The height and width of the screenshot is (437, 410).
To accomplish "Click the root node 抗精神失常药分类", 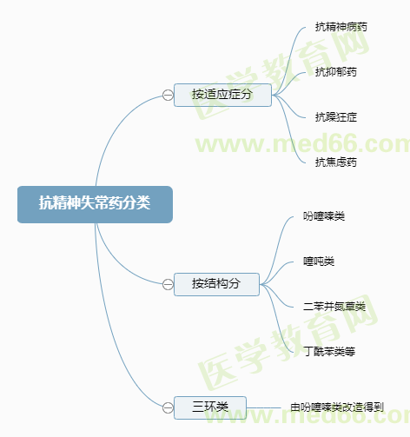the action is click(x=95, y=204).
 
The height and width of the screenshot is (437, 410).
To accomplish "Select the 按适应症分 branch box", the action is click(x=222, y=95).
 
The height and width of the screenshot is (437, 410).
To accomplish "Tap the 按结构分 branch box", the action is click(x=216, y=284).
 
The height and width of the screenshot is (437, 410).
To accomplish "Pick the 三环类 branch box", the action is click(x=210, y=407).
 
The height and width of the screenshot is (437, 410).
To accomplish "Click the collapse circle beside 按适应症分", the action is click(x=168, y=95).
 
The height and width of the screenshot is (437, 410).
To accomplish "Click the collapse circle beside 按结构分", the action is click(x=168, y=284).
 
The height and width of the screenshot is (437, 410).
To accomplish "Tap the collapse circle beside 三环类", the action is click(x=168, y=407).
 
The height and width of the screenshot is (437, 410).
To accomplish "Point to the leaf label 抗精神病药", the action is click(x=341, y=27).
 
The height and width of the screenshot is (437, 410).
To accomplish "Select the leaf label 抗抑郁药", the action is click(x=336, y=72).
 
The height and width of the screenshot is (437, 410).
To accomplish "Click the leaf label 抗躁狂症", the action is click(x=336, y=117).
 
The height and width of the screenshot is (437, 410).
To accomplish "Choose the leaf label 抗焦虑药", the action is click(x=336, y=162).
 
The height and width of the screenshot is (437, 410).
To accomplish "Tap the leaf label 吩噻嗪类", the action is click(x=324, y=216).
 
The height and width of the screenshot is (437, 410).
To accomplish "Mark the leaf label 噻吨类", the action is click(x=319, y=262).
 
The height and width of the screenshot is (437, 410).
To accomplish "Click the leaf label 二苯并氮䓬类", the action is click(x=334, y=307).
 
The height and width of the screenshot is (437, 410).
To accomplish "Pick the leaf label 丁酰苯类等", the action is click(x=329, y=352).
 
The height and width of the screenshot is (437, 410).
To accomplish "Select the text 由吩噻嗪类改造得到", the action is click(x=337, y=407).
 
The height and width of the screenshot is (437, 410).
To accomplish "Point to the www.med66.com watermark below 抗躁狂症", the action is click(x=302, y=144).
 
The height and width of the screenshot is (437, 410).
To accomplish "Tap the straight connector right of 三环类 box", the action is click(x=264, y=407).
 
